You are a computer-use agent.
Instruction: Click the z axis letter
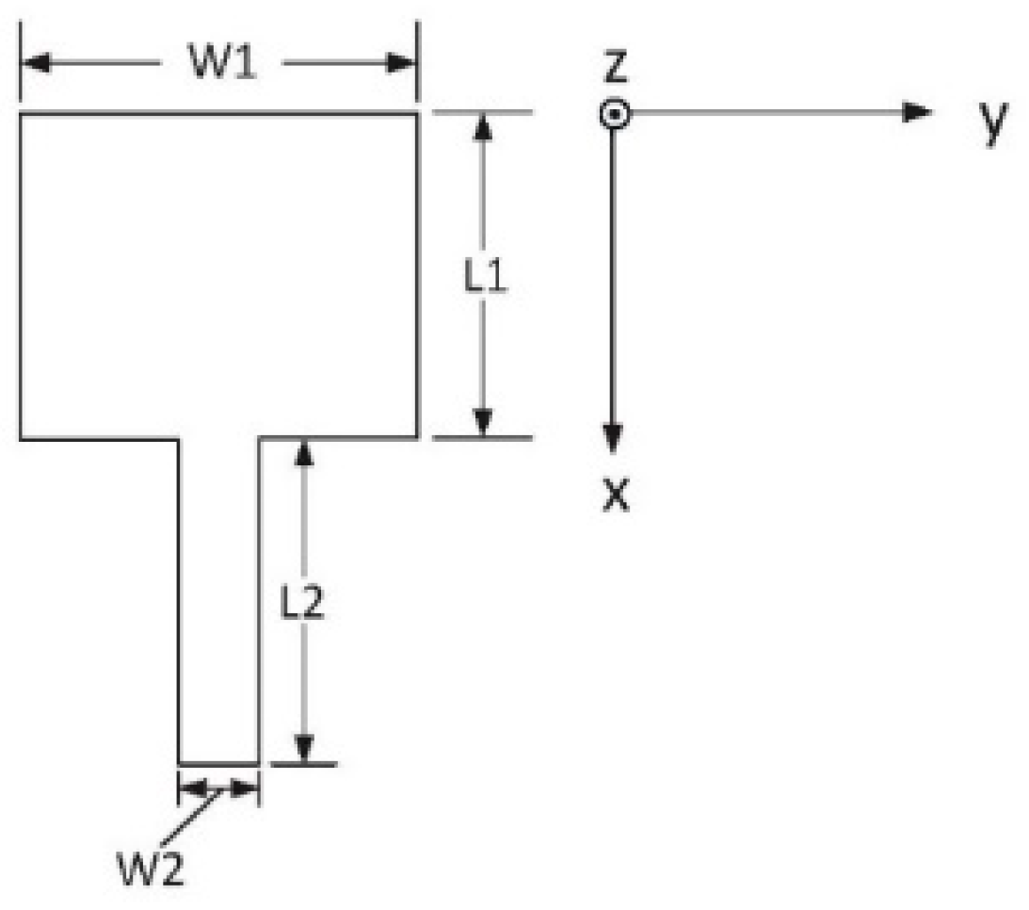coord(614,68)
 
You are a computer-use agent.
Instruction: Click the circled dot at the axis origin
coord(614,114)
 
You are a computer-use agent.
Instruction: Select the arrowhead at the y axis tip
coord(917,113)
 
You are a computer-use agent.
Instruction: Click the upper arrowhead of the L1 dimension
coord(483,127)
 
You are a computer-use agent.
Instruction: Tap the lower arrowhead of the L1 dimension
coord(483,423)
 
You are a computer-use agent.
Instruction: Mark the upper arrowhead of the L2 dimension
coord(303,453)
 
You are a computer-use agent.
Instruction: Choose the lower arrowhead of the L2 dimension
coord(303,748)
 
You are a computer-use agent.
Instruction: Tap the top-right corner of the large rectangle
coord(417,114)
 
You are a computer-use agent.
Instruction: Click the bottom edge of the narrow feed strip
coord(218,763)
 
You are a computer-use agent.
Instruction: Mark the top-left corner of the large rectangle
coord(21,114)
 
